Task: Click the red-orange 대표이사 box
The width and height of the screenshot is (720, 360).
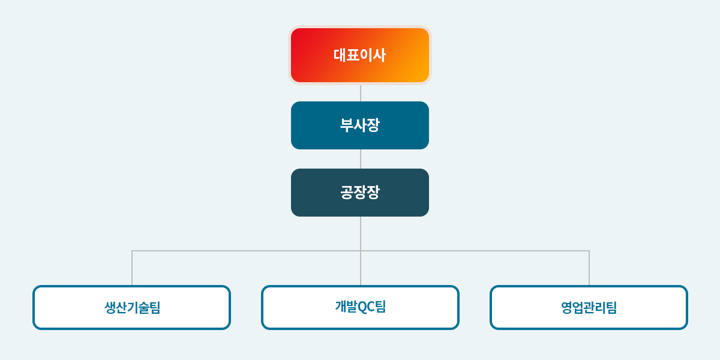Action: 360,55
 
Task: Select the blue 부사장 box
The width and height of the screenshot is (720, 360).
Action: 360,125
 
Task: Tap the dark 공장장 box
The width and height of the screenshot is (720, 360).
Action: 360,193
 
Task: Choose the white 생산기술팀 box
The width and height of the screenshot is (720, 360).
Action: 132,308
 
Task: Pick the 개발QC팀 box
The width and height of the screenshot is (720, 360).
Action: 361,308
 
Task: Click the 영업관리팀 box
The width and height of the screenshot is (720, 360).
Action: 589,308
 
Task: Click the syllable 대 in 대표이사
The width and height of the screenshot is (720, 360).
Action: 340,55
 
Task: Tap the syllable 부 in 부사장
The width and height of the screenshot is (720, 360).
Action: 347,125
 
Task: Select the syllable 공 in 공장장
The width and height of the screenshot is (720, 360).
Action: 347,192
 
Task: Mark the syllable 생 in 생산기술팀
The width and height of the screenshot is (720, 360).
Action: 110,308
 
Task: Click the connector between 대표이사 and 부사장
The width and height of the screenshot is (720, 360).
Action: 361,93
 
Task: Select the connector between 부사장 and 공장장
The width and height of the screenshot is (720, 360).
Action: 361,159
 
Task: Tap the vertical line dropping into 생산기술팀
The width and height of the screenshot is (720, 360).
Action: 132,268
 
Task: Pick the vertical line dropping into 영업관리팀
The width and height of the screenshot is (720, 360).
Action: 589,268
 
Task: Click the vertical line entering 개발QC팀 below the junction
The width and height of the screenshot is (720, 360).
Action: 361,268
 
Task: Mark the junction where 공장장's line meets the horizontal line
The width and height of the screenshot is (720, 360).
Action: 361,251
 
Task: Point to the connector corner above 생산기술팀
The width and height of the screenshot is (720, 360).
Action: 132,251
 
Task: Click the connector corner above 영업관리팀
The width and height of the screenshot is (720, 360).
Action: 589,251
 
